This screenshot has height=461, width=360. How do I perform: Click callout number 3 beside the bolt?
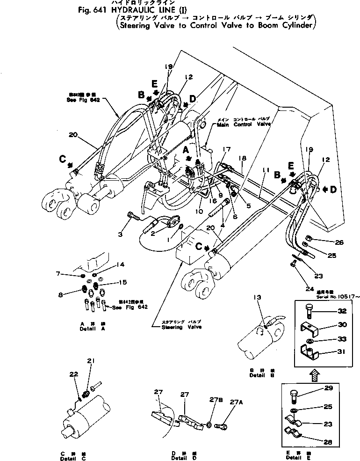(120, 234)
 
